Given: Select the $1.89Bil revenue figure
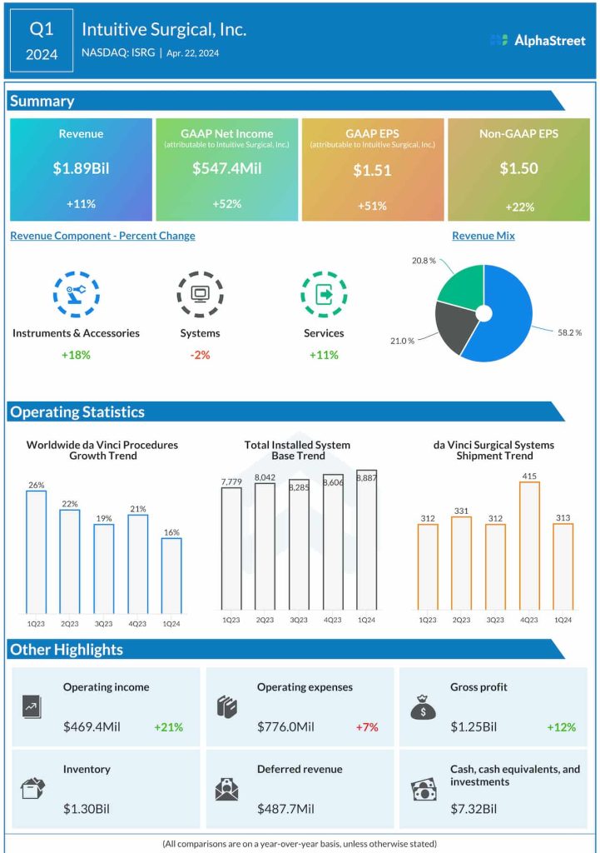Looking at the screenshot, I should pos(81,168).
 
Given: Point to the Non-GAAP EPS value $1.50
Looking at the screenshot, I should pos(518,168).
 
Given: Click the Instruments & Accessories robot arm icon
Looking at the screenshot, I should pos(76,293).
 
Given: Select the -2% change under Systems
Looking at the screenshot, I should pos(200,354).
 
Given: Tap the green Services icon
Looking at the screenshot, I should pos(323,293).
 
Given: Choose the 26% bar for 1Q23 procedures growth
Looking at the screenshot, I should pos(36,550).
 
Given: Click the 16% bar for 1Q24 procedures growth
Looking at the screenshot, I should pos(171,574).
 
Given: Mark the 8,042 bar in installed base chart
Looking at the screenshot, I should pos(265,546).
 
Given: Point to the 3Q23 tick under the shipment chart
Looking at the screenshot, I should pos(495,620).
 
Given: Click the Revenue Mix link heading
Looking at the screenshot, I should pos(483,236).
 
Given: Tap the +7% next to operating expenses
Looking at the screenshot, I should pos(366,727).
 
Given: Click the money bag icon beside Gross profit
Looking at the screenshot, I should pos(423,707).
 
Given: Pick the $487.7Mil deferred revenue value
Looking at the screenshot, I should pos(285,809).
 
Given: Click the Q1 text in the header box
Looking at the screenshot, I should pos(42,29).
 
